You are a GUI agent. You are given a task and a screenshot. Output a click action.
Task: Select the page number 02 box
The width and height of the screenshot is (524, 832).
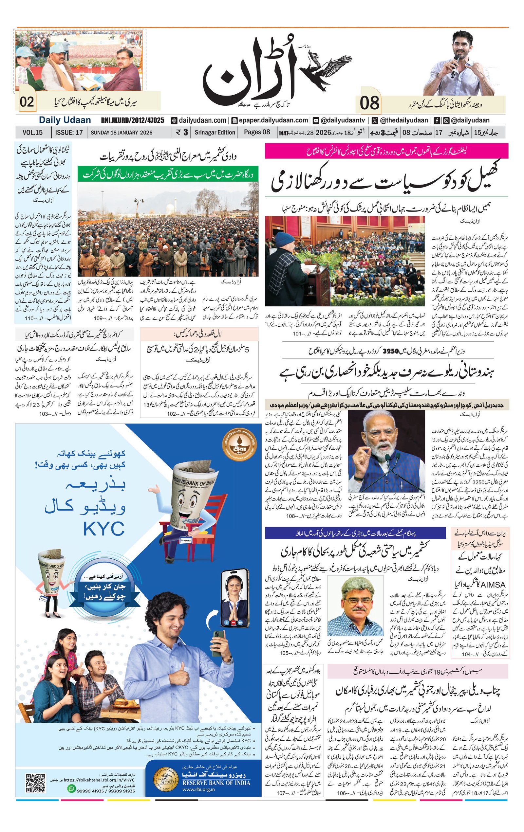[x=27, y=102]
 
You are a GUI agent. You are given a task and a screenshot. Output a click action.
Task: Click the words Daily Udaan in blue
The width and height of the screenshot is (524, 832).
[x=65, y=120]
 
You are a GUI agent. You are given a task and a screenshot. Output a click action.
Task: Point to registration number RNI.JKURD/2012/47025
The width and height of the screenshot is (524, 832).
[x=132, y=120]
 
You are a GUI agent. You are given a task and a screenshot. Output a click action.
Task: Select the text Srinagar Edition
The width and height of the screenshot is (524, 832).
[x=215, y=132]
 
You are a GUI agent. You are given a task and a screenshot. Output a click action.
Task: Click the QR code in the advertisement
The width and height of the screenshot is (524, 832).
[x=36, y=783]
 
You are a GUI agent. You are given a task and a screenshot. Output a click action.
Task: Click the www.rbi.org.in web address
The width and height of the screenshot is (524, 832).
[x=198, y=790]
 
